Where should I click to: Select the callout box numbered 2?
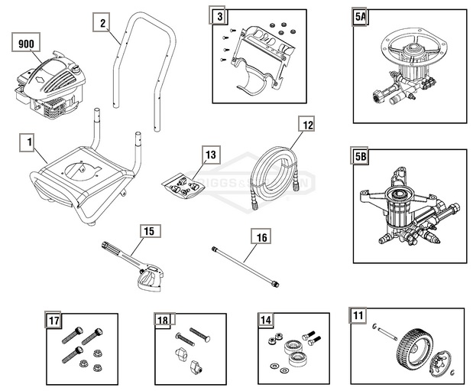click(x=102, y=22)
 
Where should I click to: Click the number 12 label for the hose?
click(x=306, y=125)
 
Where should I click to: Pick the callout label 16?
click(x=261, y=237)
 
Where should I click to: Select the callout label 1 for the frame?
click(x=28, y=142)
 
